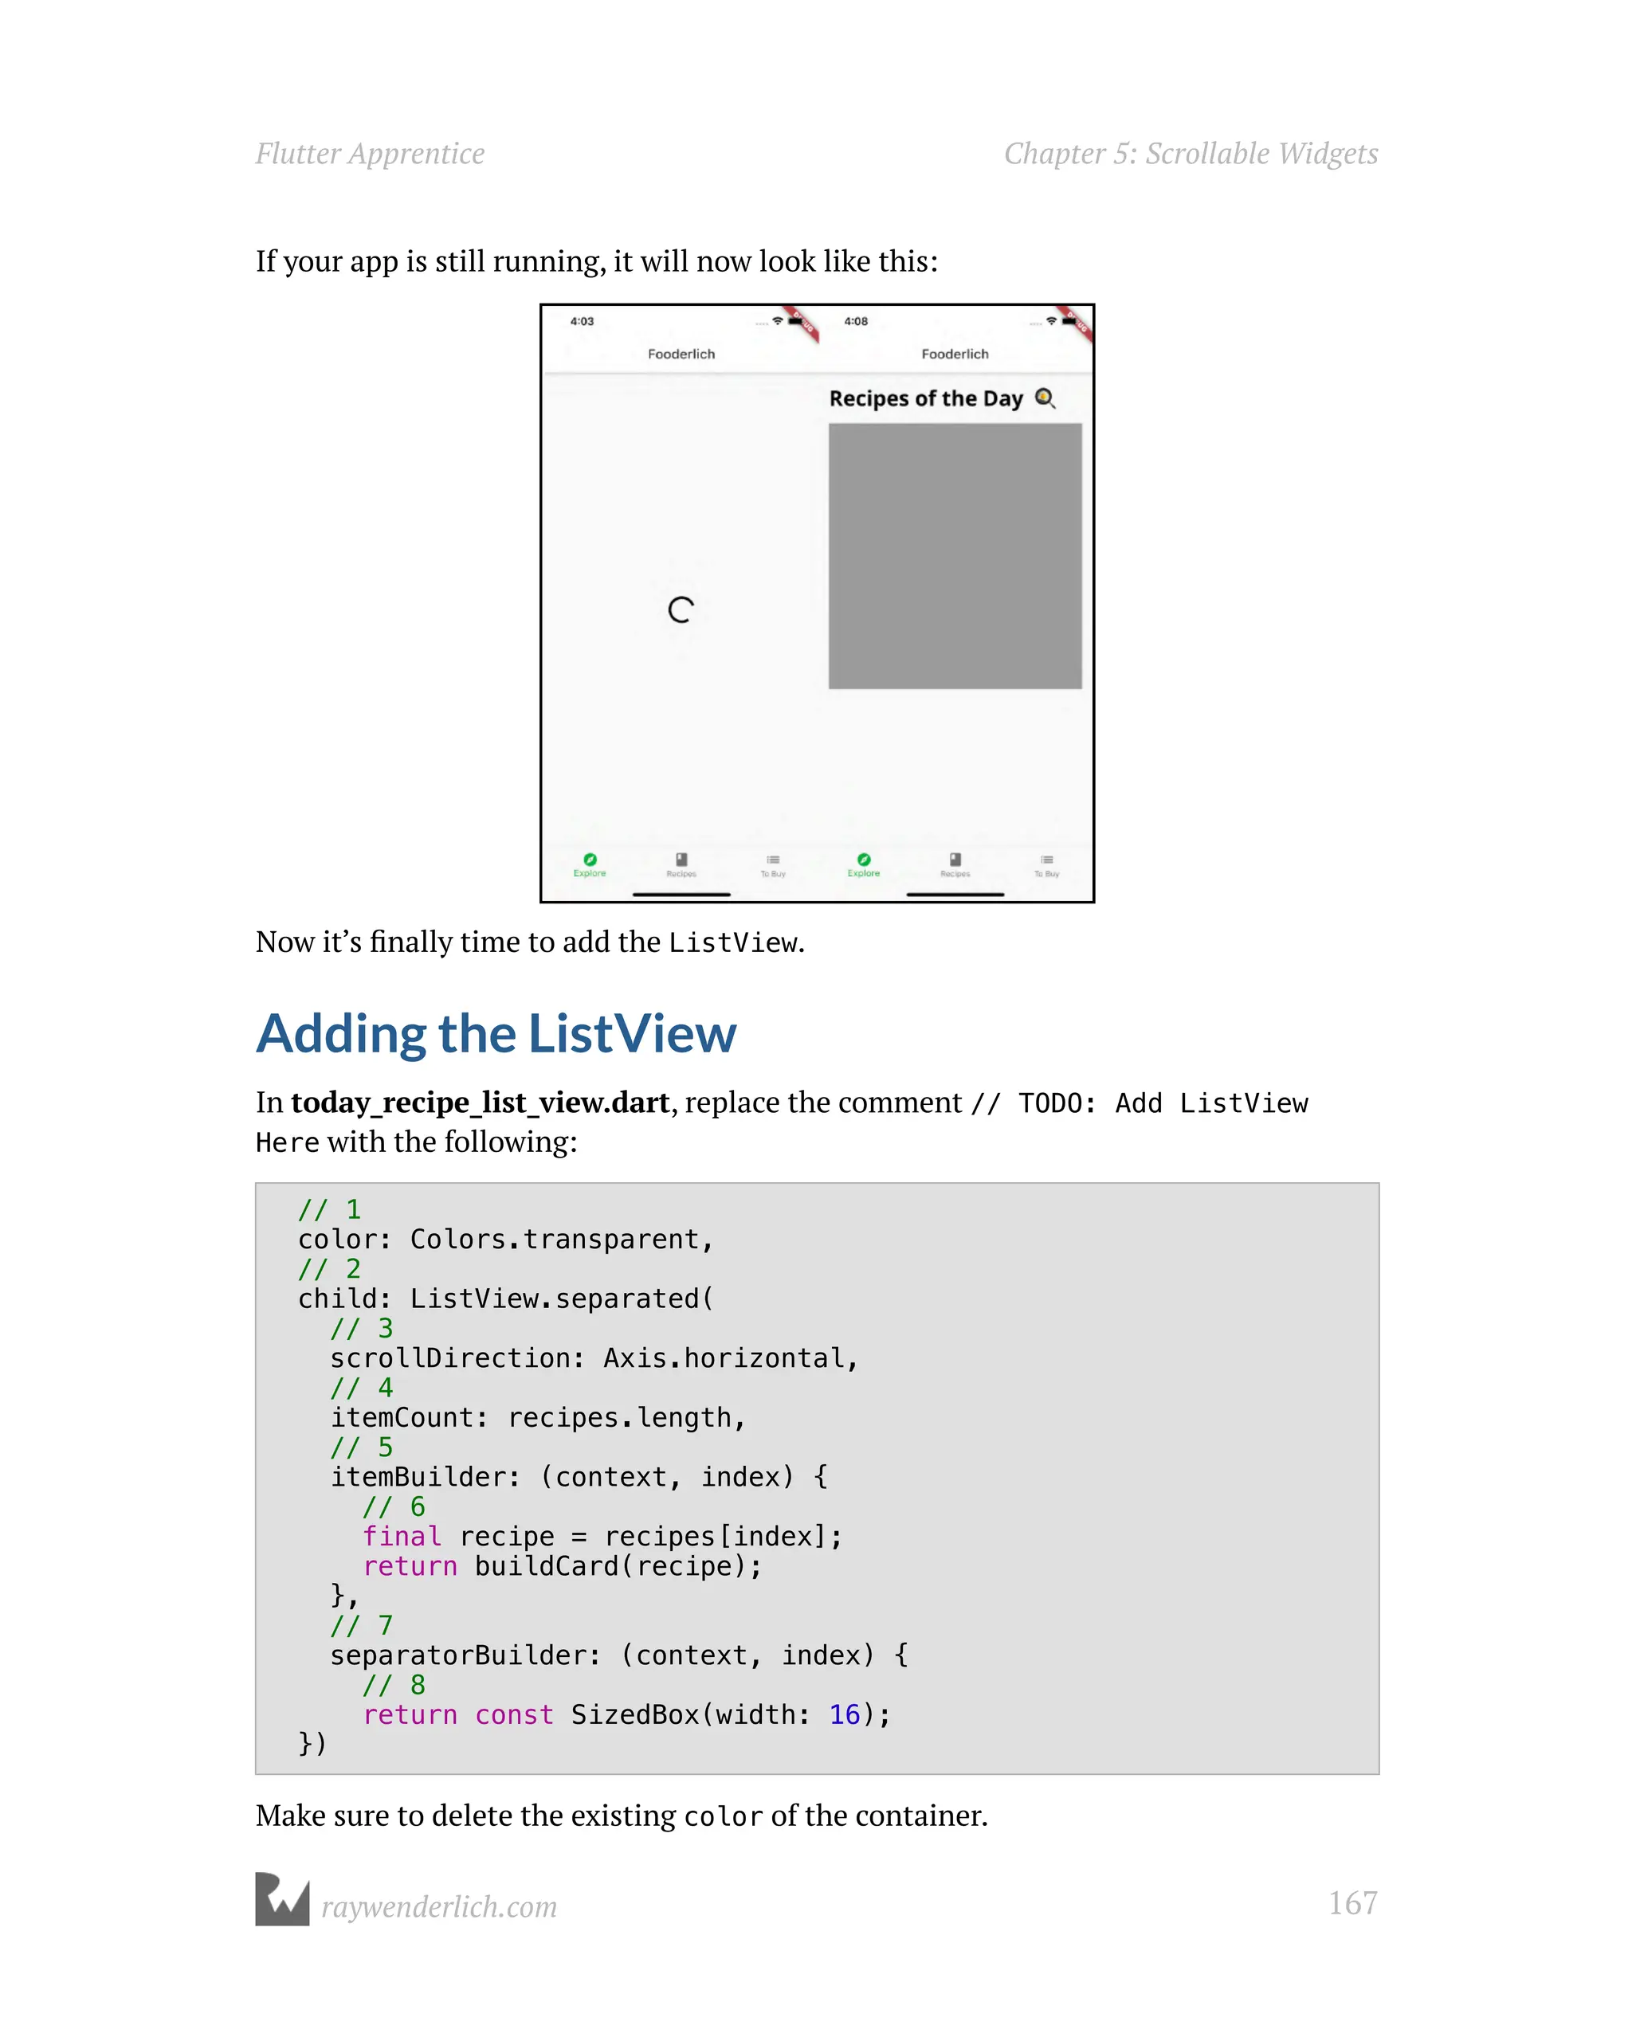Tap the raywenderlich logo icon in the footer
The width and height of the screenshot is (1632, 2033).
(282, 1899)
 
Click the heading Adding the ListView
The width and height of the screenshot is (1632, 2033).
(496, 1033)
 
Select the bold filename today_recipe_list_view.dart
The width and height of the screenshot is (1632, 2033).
(481, 1103)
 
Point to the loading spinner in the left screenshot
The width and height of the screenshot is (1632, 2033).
(681, 610)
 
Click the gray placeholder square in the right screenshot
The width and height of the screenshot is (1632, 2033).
(955, 555)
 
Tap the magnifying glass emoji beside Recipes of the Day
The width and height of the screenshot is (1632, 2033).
(1044, 398)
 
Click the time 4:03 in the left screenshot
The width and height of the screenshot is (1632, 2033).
(582, 322)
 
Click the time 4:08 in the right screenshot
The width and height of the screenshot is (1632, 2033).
(856, 322)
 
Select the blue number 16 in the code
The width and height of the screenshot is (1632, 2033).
(845, 1714)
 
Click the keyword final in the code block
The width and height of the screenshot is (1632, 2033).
(402, 1536)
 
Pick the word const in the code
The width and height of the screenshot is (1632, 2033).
(513, 1714)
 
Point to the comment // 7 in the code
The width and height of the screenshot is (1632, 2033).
(361, 1624)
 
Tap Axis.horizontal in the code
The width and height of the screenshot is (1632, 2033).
(730, 1357)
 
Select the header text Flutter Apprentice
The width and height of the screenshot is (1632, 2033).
(370, 154)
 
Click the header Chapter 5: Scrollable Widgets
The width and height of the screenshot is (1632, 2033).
(1191, 154)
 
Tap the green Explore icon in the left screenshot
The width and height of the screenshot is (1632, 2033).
(590, 861)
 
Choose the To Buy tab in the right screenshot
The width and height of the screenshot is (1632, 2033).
(1046, 864)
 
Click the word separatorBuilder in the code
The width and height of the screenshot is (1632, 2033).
(465, 1655)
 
